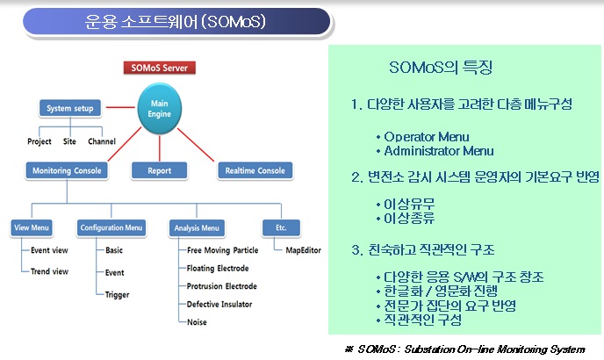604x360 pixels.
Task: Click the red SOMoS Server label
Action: (160, 68)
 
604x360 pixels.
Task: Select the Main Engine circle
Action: (160, 109)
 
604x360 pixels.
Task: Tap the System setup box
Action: (70, 108)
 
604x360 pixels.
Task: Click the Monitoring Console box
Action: (67, 170)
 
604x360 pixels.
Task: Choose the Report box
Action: (160, 170)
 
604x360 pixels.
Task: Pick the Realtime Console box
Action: (255, 170)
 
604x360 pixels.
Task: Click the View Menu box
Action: (32, 227)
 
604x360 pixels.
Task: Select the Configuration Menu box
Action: (111, 227)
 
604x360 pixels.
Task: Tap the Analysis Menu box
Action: (197, 228)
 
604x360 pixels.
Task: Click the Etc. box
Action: (281, 227)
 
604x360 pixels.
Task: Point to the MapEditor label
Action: (303, 250)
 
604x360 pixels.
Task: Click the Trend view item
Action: (49, 271)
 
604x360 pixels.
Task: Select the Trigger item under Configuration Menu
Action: (117, 295)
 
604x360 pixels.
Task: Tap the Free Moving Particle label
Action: (222, 250)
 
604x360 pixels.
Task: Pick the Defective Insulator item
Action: (219, 305)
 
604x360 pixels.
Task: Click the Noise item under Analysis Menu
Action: (197, 322)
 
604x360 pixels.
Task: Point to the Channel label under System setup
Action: (102, 141)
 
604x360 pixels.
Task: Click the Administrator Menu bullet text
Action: (439, 151)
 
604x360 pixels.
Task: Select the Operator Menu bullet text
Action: (427, 137)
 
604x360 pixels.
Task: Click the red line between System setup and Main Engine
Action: (120, 107)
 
